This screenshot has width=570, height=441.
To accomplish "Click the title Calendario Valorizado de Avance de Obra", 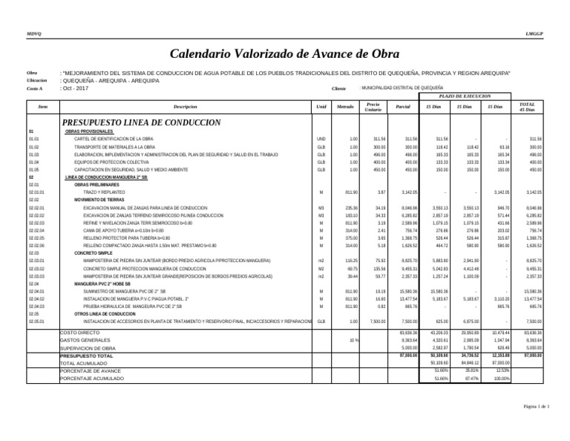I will [x=285, y=54].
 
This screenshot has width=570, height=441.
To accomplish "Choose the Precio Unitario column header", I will [x=374, y=108].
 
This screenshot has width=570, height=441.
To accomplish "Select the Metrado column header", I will [x=345, y=108].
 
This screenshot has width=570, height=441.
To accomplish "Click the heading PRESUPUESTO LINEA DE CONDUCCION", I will [x=142, y=122].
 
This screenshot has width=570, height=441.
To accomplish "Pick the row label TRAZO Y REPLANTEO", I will [x=99, y=192].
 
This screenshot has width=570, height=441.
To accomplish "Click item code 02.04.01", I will [x=37, y=292].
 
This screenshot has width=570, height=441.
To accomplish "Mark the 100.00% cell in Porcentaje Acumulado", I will [x=502, y=379].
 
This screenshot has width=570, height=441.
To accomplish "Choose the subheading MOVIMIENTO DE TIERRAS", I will [x=101, y=200].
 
